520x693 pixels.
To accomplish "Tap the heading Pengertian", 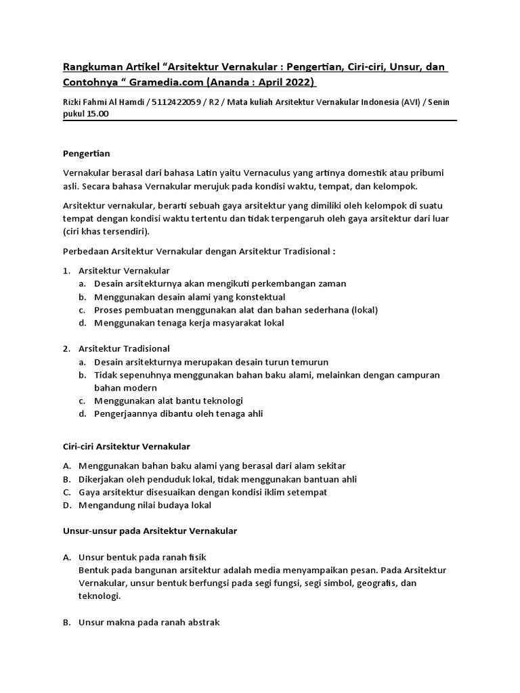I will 86,154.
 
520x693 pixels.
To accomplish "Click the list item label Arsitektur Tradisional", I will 124,349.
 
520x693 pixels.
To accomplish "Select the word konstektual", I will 256,296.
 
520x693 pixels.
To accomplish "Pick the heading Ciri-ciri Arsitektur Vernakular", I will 127,446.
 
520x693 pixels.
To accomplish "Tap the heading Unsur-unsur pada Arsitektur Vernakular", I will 150,531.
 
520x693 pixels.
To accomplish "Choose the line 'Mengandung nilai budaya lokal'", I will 145,505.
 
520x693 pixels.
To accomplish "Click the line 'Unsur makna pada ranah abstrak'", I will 149,622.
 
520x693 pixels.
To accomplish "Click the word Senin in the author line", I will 435,102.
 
